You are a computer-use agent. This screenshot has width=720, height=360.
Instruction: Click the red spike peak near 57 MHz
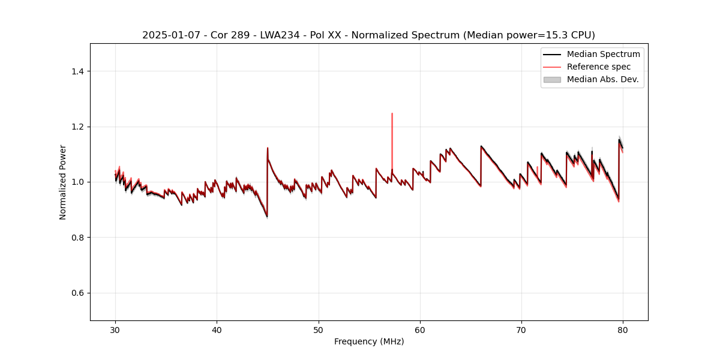click(392, 113)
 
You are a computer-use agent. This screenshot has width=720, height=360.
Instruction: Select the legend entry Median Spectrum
click(603, 54)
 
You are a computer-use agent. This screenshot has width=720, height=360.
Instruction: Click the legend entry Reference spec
click(598, 67)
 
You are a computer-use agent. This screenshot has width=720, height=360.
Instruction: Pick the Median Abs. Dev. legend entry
click(602, 79)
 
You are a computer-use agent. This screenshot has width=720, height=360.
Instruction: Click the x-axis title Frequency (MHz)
click(369, 341)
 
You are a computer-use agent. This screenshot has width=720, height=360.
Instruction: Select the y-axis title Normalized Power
click(63, 182)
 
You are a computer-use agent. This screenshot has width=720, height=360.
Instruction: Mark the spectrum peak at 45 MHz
click(268, 148)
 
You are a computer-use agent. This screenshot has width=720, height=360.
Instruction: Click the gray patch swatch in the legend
click(552, 79)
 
